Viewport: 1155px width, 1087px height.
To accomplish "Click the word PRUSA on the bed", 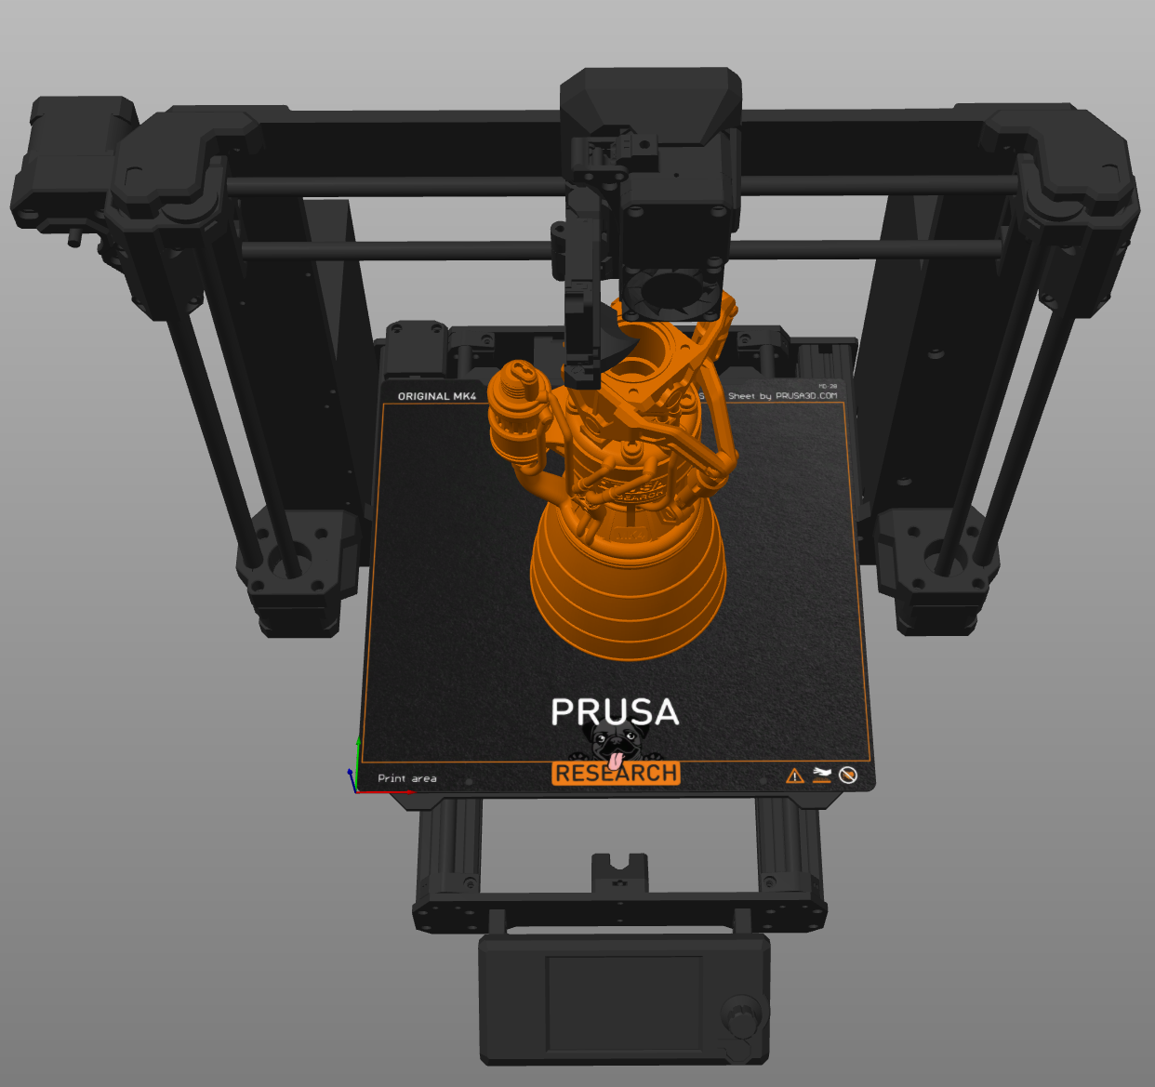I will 615,712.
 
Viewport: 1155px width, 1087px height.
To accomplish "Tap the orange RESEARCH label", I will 616,774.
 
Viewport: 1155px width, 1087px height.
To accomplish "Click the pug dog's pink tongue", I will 616,759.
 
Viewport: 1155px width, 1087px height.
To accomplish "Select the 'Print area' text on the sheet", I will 406,778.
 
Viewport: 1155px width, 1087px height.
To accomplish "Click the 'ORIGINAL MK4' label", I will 436,396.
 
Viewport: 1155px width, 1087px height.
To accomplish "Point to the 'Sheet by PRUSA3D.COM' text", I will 782,396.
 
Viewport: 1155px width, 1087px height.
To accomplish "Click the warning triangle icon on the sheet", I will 794,775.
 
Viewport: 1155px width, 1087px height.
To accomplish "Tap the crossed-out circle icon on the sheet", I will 847,775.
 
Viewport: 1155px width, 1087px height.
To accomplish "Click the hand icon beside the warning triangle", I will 821,775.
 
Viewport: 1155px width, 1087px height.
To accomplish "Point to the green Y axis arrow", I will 358,758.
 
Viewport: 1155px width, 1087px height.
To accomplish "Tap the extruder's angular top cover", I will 651,102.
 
